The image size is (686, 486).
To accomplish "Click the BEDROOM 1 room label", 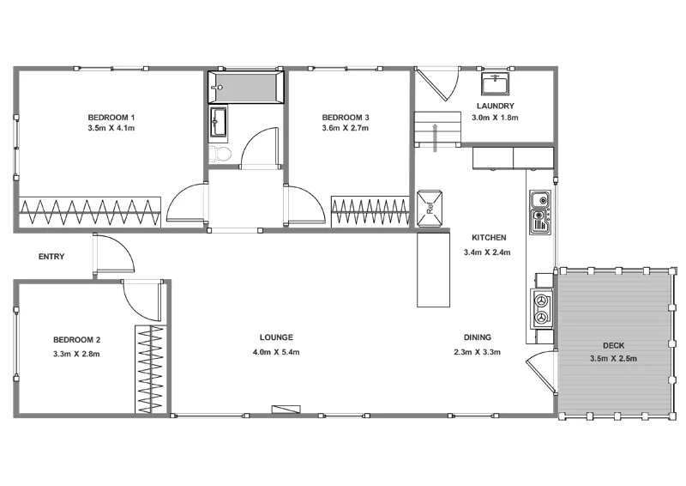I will (x=111, y=117).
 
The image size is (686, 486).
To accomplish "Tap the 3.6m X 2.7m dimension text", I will (x=345, y=128).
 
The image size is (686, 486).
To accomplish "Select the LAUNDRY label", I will (x=495, y=106).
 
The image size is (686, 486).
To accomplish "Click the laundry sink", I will (x=494, y=84).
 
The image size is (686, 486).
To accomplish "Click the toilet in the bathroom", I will (x=220, y=154).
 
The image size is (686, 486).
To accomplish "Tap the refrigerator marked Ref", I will (x=432, y=206).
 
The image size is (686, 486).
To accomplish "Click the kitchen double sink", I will (x=539, y=213).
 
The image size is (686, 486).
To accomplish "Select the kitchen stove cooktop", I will (x=541, y=308).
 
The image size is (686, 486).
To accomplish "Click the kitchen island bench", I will (x=433, y=270).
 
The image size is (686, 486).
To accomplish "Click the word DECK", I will (x=613, y=346).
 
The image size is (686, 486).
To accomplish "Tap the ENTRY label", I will (x=51, y=257).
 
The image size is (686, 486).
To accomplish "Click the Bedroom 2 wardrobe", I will (x=150, y=369).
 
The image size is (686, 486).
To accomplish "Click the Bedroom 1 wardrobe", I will (x=90, y=211).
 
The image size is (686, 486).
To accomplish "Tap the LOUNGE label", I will (x=276, y=337).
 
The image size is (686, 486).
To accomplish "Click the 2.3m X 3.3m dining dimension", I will (x=477, y=351).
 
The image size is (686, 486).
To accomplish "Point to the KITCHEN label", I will (x=489, y=238).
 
